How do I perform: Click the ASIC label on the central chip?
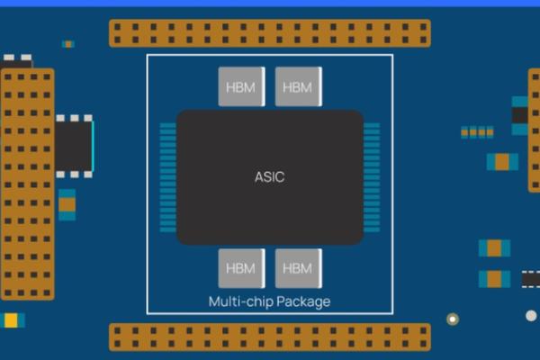coord(269,177)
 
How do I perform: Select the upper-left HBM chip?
coord(241,86)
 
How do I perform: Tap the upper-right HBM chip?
coord(297,86)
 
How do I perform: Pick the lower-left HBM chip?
coord(241,268)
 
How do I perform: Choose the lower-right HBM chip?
coord(297,268)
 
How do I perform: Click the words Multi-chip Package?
coord(269,301)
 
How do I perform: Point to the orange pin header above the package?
coord(269,33)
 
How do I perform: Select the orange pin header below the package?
coord(269,337)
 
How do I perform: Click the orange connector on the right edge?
coord(534,130)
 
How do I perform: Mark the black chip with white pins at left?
coord(74,145)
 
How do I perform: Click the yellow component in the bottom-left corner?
coord(12,320)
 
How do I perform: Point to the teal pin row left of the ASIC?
coord(167,177)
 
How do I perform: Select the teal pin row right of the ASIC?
coord(371,177)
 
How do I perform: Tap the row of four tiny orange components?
coord(477,132)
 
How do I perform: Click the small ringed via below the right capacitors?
coord(453,319)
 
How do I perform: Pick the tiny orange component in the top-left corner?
coord(68,43)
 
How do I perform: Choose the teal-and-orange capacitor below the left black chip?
coord(67,204)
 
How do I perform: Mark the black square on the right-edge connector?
coord(520,115)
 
